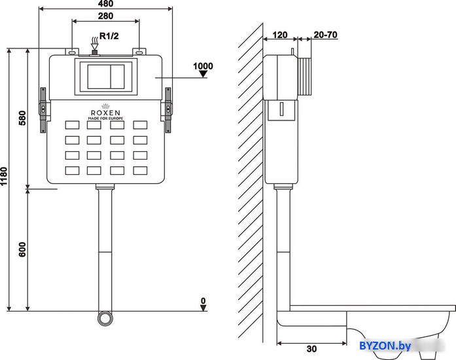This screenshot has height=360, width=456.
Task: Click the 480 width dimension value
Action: click(105, 3)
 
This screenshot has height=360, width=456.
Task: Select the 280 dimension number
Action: click(105, 16)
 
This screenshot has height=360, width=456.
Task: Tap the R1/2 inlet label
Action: click(109, 36)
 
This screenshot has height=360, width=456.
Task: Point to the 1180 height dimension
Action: click(4, 176)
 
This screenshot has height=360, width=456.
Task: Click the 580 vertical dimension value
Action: click(22, 118)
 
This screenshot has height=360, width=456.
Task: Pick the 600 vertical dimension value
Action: click(22, 249)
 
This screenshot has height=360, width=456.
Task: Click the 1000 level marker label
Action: click(203, 66)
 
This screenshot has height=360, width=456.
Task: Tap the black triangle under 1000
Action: click(203, 74)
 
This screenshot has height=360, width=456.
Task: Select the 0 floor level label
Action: click(203, 300)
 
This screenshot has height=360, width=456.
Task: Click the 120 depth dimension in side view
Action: click(280, 35)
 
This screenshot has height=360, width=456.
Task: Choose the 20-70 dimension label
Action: click(325, 35)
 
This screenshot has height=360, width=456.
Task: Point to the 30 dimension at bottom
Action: click(311, 349)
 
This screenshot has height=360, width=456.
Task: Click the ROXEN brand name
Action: click(105, 113)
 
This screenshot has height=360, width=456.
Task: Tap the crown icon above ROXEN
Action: click(105, 106)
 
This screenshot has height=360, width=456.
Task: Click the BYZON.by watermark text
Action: click(385, 346)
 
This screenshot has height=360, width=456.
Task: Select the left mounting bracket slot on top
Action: click(73, 53)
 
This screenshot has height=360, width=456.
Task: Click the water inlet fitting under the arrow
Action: click(94, 53)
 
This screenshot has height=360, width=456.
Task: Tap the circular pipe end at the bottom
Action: click(105, 318)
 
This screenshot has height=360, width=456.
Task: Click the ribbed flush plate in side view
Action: click(305, 77)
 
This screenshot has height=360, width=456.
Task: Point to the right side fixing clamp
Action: click(168, 110)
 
